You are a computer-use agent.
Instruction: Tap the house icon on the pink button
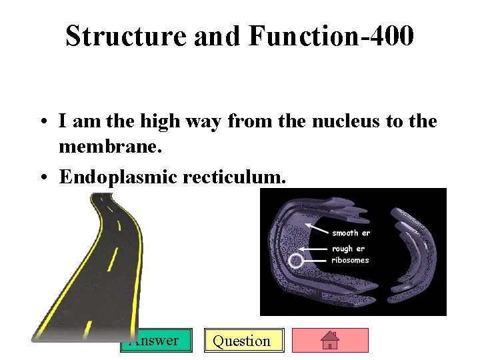[x=330, y=341]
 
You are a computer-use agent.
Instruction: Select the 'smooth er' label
[x=351, y=233]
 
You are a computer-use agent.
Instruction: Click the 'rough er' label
[x=349, y=249]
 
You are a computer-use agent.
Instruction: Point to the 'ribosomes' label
[x=350, y=260]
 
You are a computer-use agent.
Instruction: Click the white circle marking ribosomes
[x=295, y=261]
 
